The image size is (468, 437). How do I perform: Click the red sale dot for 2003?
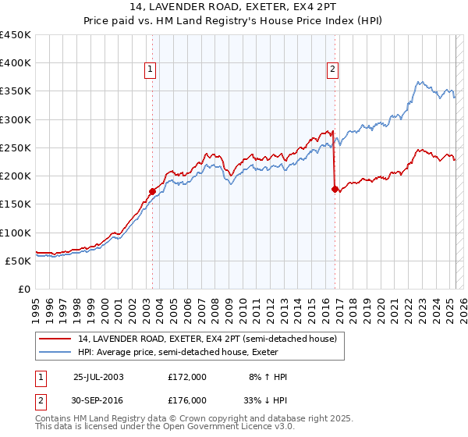coord(153,191)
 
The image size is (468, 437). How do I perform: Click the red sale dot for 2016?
coord(335,189)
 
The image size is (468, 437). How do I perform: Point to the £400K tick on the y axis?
coord(16,63)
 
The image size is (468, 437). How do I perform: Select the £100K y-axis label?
coord(16,233)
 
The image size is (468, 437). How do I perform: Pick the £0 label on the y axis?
coord(24,289)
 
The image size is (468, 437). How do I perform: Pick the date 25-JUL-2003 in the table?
coord(98,377)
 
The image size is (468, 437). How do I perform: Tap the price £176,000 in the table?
coord(187,400)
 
